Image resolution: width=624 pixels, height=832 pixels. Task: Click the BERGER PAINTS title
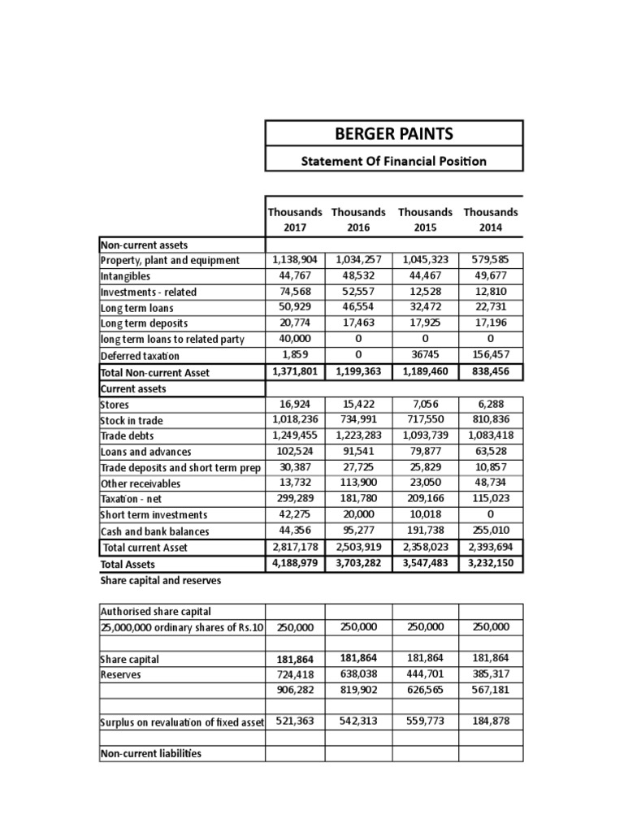pos(394,133)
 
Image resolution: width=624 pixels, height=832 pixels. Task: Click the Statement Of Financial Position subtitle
pos(394,161)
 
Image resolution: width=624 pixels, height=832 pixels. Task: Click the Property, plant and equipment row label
pos(170,260)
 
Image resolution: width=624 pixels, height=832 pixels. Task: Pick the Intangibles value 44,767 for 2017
pos(295,275)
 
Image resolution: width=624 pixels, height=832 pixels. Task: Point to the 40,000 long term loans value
pos(295,339)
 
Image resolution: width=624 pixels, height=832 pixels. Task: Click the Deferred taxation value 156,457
pos(491,355)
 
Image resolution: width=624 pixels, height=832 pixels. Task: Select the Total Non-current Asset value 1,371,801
pos(295,372)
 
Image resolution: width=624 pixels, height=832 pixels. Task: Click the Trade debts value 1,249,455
pos(295,435)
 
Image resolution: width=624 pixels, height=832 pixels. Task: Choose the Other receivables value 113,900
pos(358,483)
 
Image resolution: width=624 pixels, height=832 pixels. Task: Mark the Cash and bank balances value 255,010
pos(491,531)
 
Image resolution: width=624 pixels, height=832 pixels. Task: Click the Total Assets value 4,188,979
pos(295,563)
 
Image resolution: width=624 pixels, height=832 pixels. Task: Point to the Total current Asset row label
pos(145,548)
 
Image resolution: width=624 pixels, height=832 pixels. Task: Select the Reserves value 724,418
pos(295,674)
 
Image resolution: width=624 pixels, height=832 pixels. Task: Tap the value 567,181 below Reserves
pos(491,690)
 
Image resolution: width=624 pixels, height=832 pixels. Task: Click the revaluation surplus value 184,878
pos(491,721)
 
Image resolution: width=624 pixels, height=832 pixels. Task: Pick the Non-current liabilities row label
pos(150,754)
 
